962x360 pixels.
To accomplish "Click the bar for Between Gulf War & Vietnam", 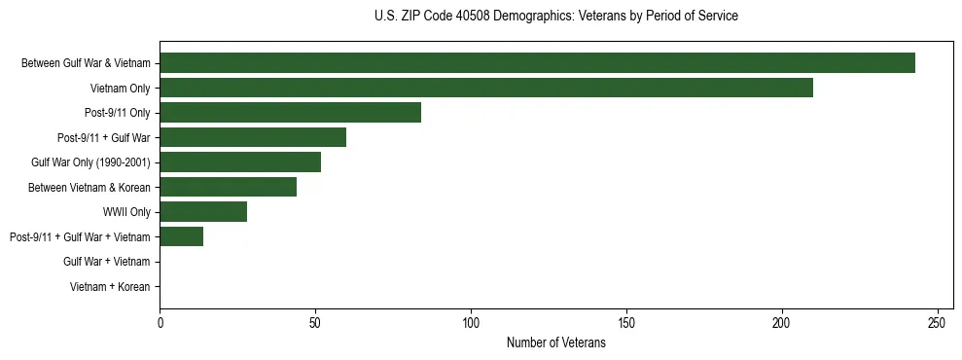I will [537, 63].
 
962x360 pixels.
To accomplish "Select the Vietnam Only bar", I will [486, 88].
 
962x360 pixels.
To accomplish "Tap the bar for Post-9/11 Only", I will [290, 113].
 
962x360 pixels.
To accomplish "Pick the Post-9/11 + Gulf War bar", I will [253, 137].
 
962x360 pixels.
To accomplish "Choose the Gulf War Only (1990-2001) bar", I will [240, 162].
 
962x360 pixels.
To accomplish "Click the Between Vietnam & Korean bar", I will [228, 187].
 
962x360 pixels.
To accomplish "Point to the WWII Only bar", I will [203, 212].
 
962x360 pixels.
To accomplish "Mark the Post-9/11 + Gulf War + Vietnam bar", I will [181, 236].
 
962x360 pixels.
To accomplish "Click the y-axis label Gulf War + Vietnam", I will [106, 262].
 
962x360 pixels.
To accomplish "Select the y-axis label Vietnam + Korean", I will [110, 287].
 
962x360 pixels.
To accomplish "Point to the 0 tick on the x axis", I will [160, 322].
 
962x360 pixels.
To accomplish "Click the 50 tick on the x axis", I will [315, 322].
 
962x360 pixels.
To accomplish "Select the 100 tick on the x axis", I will [471, 322].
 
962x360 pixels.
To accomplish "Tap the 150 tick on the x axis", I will [626, 322].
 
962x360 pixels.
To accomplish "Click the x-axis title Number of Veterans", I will [555, 342].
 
